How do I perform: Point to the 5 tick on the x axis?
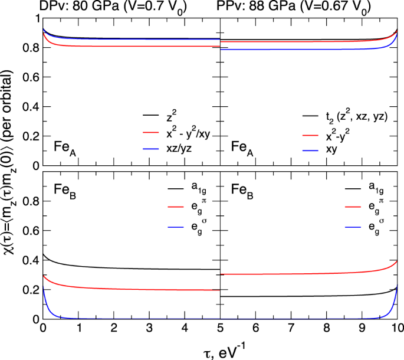pos(219,328)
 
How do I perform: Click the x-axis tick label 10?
pos(396,328)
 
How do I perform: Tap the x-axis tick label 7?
pos(290,328)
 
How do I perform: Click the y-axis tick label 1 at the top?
pos(34,19)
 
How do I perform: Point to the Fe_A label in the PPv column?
pos(242,146)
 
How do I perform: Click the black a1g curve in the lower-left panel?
pos(118,268)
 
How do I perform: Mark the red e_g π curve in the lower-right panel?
pos(307,274)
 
